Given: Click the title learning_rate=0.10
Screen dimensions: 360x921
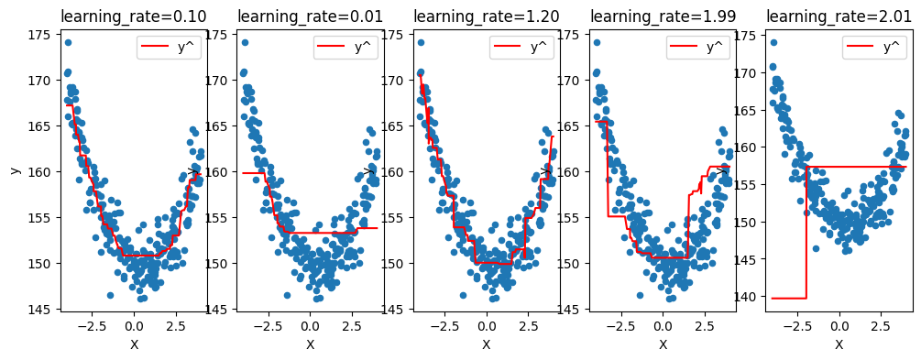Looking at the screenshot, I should (134, 16).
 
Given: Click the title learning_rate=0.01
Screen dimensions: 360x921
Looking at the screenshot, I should (310, 16).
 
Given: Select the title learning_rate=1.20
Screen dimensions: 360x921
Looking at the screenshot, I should (486, 16).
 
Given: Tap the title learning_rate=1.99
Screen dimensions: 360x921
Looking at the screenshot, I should (663, 16).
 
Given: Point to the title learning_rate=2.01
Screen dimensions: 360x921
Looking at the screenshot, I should (839, 16).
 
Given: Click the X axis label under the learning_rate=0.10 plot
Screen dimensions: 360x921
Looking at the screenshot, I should (134, 344).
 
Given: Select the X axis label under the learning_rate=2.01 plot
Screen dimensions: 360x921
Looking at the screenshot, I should (839, 344).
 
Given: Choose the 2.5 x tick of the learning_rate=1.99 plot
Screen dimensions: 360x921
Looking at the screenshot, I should (704, 325).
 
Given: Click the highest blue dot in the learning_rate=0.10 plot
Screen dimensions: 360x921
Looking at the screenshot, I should (68, 42).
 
